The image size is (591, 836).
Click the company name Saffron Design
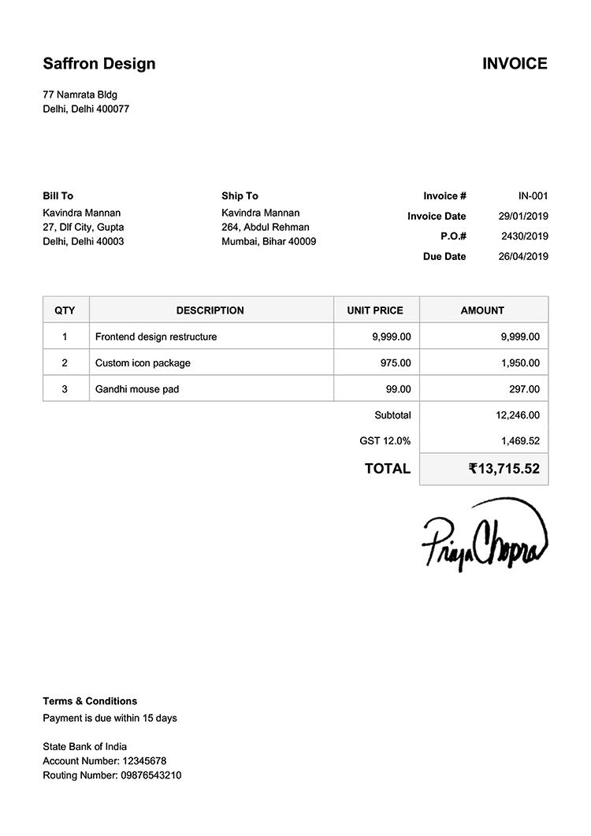pos(99,64)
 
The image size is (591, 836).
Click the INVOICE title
pos(515,64)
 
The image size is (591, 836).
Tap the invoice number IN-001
pos(533,196)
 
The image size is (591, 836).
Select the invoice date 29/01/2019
pos(523,217)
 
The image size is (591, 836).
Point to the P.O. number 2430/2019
pos(524,236)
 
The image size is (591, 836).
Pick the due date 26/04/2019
pos(523,257)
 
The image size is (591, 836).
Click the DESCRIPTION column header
pos(210,310)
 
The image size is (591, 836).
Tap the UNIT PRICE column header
pos(375,310)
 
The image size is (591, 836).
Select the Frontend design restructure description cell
pos(156,337)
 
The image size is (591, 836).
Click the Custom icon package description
pos(143,363)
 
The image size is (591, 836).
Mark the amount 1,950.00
pos(520,363)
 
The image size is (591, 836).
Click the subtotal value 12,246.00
pos(518,415)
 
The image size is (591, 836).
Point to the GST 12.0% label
pos(385,441)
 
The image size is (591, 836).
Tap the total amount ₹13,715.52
pos(504,469)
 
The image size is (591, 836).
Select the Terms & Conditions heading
pos(90,701)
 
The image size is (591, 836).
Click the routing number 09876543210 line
pos(112,775)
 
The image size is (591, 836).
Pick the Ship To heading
pos(240,196)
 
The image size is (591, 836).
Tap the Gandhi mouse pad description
pos(137,389)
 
